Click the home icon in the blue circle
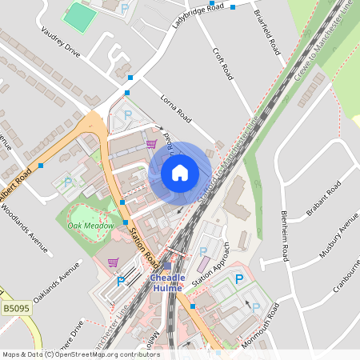(x=180, y=172)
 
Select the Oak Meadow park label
(x=88, y=226)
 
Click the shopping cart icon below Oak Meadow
(x=113, y=262)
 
